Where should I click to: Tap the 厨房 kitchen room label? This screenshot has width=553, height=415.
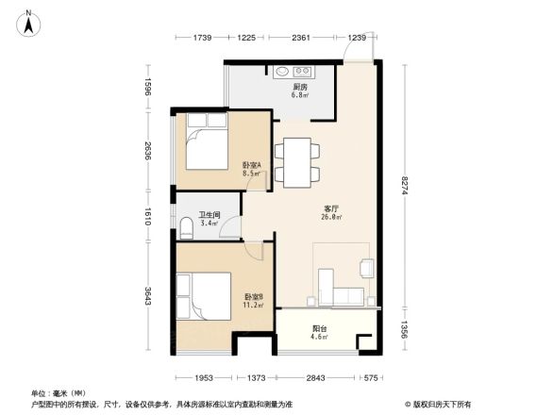[x=298, y=91]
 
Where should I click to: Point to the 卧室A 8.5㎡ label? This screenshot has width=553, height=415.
[x=251, y=169]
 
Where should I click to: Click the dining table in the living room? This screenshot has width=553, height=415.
[x=297, y=159]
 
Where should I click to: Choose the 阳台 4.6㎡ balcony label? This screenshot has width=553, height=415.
[x=321, y=333]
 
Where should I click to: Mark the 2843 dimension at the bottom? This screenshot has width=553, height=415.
[x=315, y=378]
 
